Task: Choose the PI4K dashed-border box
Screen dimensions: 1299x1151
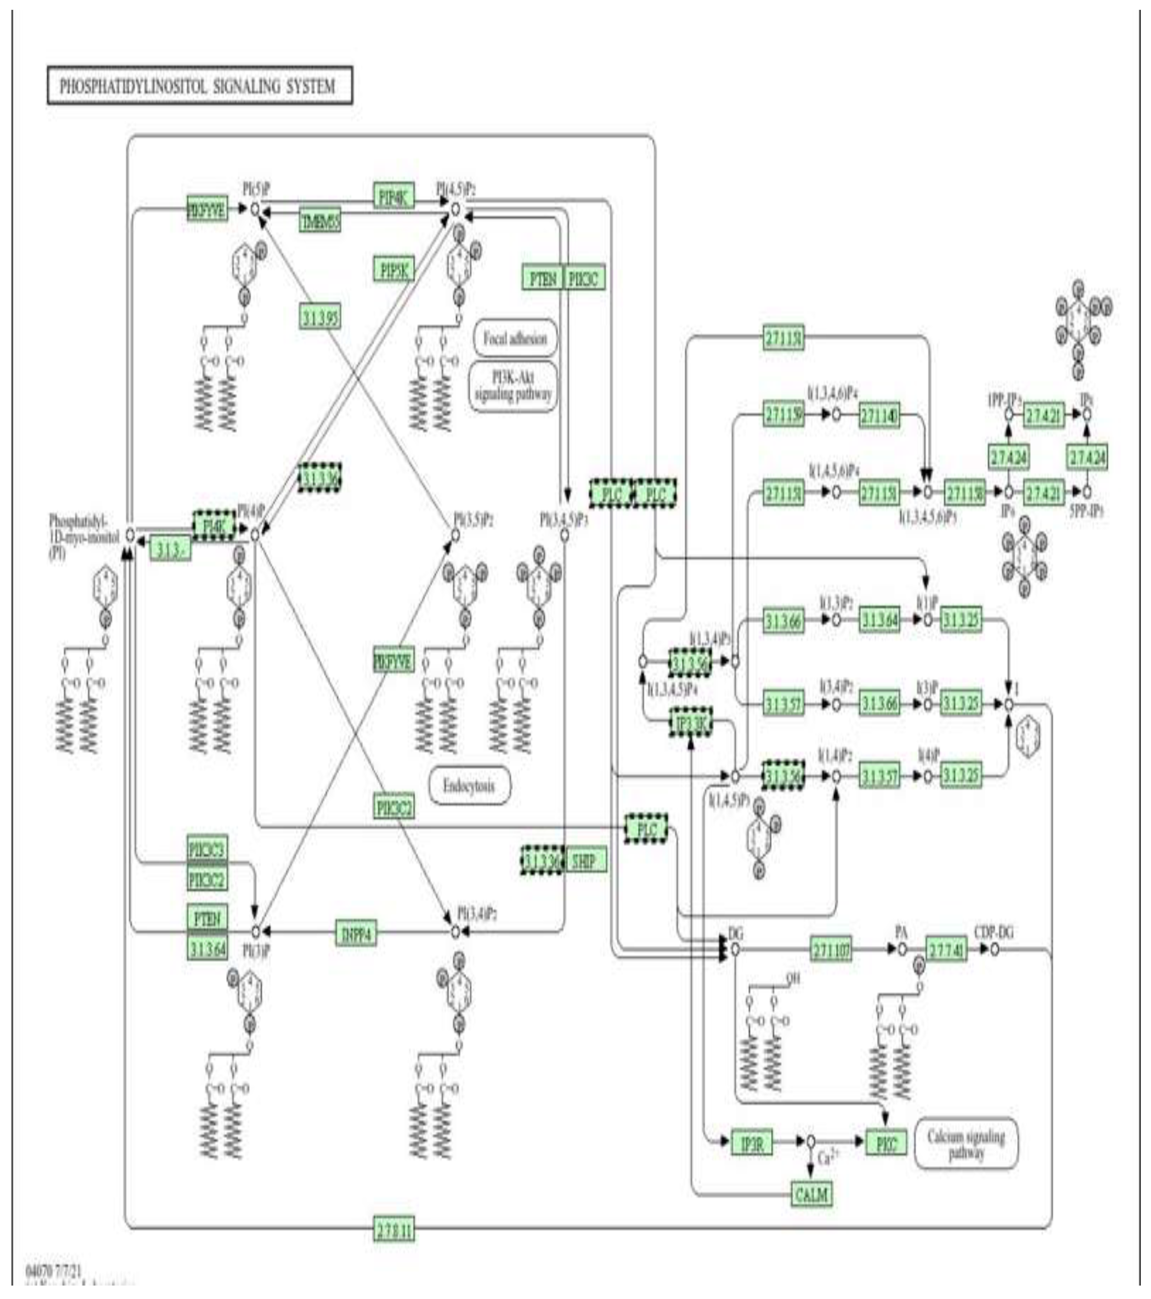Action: pyautogui.click(x=214, y=525)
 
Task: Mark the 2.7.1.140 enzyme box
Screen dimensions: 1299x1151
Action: pyautogui.click(x=880, y=416)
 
